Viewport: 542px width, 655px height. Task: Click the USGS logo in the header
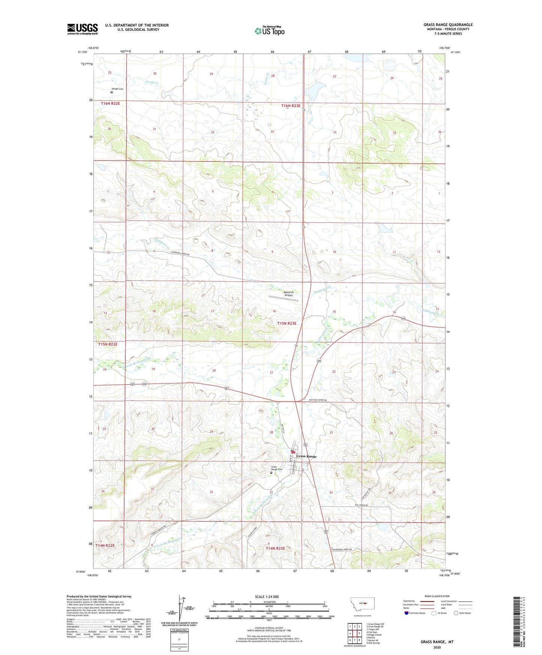click(x=83, y=29)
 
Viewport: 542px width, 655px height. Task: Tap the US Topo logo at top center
click(x=269, y=31)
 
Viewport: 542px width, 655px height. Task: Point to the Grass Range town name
click(x=306, y=456)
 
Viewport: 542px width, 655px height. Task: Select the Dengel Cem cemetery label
click(x=117, y=89)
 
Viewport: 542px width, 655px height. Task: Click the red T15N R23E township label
click(x=287, y=323)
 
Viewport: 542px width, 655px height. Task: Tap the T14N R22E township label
click(x=105, y=545)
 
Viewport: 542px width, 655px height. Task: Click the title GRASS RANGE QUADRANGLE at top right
click(x=448, y=25)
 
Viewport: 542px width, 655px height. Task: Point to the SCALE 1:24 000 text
click(x=267, y=596)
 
